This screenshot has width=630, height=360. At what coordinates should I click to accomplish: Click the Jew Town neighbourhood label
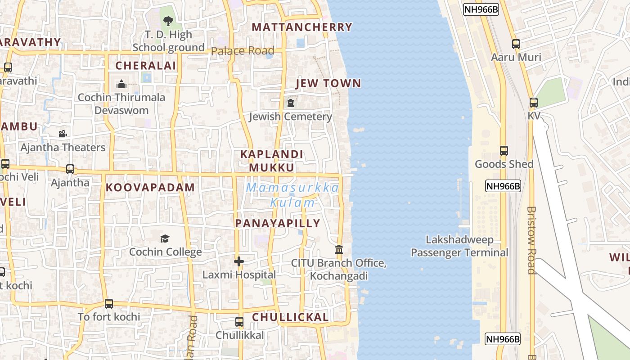328,83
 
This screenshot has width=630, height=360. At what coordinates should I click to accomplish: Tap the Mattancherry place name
302,27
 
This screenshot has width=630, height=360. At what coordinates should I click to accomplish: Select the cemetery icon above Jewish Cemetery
291,103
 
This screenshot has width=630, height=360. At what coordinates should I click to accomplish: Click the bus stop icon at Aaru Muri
516,44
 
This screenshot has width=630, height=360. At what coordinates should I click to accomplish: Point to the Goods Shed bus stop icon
504,151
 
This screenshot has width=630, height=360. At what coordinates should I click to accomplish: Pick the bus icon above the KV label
534,103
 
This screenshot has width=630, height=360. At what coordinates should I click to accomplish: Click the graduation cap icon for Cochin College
165,238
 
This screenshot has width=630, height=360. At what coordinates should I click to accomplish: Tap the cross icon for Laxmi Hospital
239,261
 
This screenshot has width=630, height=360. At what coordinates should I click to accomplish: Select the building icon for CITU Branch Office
339,249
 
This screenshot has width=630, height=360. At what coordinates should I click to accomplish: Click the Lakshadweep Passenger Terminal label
459,246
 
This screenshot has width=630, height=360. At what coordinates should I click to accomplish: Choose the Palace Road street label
243,51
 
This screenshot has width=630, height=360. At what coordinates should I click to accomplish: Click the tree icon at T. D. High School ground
168,21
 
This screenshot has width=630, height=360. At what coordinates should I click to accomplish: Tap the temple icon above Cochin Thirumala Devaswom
121,84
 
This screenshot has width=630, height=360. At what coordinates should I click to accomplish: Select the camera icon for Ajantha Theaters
63,134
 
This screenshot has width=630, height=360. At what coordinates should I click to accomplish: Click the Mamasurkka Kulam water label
292,195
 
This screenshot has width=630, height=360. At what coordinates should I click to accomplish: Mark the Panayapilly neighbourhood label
278,223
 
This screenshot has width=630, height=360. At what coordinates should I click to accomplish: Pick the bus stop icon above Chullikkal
239,322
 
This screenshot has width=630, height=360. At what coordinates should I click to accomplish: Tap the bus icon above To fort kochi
109,303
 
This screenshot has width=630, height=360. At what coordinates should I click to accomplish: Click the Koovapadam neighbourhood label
150,188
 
